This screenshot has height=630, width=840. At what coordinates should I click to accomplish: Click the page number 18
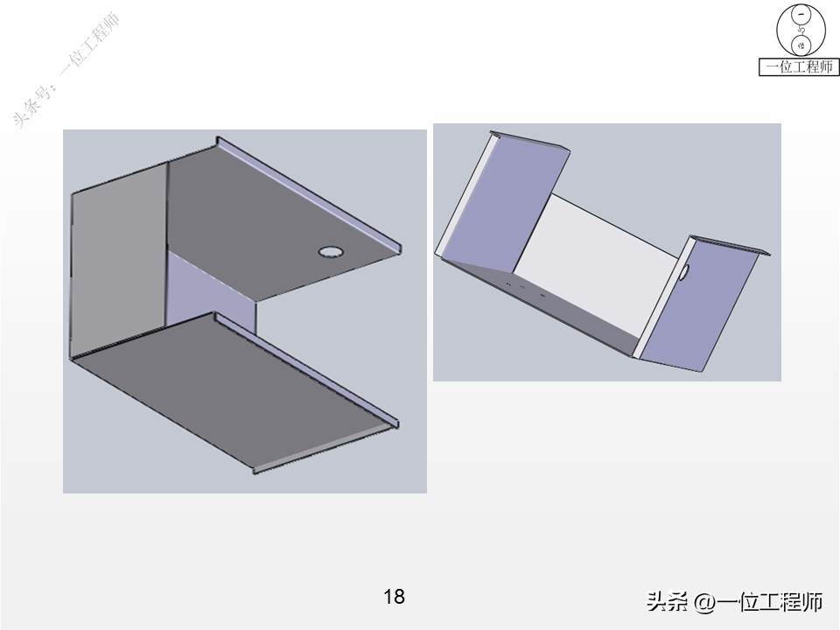pyautogui.click(x=394, y=597)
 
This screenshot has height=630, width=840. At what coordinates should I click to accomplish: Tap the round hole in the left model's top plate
pyautogui.click(x=330, y=252)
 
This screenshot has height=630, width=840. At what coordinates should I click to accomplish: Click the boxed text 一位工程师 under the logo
pyautogui.click(x=799, y=66)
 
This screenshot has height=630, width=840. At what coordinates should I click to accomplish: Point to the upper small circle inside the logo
pyautogui.click(x=799, y=15)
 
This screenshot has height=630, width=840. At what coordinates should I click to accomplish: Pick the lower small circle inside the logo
pyautogui.click(x=799, y=45)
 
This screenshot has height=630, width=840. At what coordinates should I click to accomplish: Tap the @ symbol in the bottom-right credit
pyautogui.click(x=703, y=602)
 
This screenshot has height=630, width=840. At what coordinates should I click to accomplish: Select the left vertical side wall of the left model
pyautogui.click(x=115, y=262)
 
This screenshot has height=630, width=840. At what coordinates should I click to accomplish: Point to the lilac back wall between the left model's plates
pyautogui.click(x=210, y=280)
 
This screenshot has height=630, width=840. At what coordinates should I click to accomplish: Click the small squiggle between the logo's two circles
pyautogui.click(x=799, y=30)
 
